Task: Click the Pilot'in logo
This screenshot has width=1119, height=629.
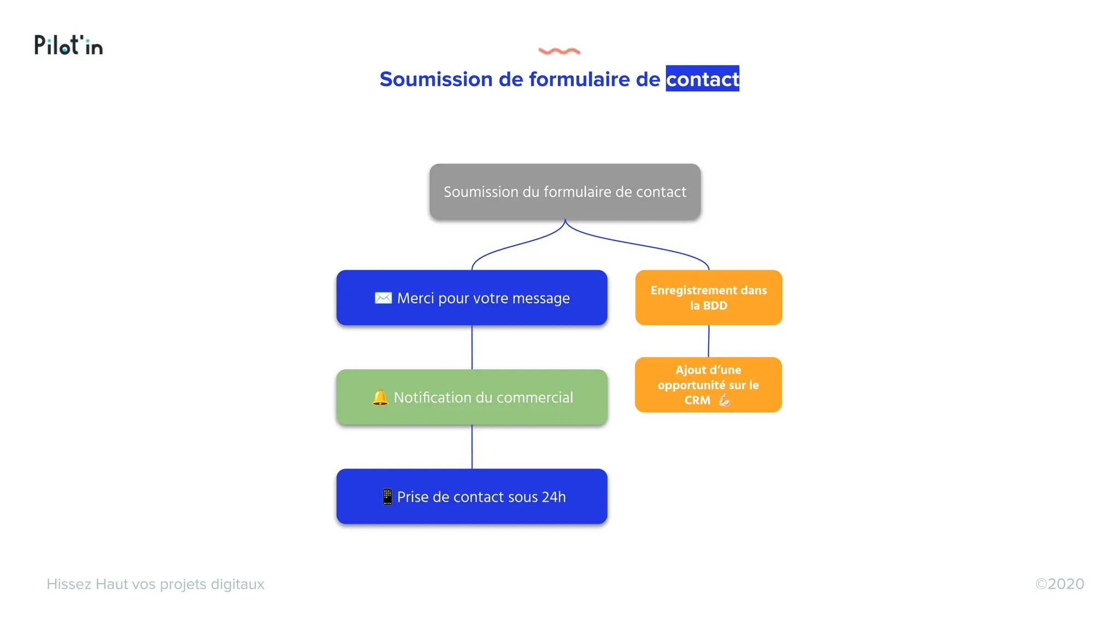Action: pos(68,45)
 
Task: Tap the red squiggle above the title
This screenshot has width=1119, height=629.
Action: pos(559,51)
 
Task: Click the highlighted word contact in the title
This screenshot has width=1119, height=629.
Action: pos(702,79)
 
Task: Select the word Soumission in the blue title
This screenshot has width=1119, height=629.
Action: pos(436,79)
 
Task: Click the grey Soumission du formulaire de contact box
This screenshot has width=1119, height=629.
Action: pos(565,192)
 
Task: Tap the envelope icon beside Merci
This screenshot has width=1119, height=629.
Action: pos(383,298)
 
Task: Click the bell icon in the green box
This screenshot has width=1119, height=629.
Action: pos(380,397)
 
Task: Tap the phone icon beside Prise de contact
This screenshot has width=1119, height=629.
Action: pos(387,497)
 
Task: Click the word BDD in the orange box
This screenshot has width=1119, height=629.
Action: pos(715,306)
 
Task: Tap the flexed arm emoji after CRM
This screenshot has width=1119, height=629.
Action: pos(725,400)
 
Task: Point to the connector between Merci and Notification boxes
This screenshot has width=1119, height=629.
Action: pos(472,347)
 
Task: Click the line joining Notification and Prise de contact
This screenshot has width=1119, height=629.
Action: pos(472,447)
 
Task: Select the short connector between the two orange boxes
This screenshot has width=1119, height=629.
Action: pos(709,341)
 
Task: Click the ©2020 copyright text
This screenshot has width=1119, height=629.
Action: pos(1059,584)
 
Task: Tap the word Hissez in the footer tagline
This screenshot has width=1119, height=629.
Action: pos(69,584)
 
